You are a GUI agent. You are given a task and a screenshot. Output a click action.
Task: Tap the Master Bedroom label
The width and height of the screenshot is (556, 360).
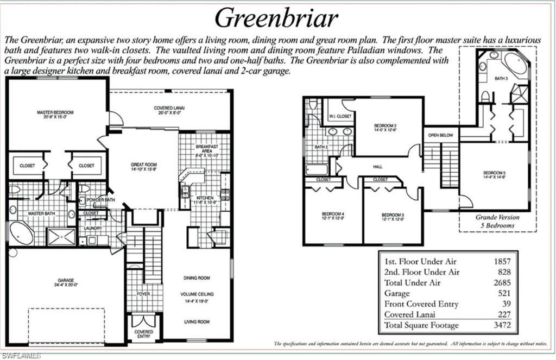click(x=55, y=112)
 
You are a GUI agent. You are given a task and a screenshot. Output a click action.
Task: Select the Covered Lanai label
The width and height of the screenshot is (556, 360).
click(x=171, y=108)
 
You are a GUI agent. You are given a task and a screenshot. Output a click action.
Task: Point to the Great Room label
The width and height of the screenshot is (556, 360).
click(x=144, y=164)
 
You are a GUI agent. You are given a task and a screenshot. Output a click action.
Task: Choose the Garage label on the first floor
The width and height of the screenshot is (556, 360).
click(x=65, y=281)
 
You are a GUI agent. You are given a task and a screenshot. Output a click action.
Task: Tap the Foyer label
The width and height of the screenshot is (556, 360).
click(x=143, y=294)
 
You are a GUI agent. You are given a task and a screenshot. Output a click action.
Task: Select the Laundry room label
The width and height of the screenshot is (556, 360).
click(x=93, y=229)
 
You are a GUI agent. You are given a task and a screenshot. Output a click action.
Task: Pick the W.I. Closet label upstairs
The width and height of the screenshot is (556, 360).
click(x=340, y=117)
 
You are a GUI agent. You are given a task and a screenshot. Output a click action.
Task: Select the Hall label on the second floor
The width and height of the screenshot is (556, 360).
click(x=378, y=167)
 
